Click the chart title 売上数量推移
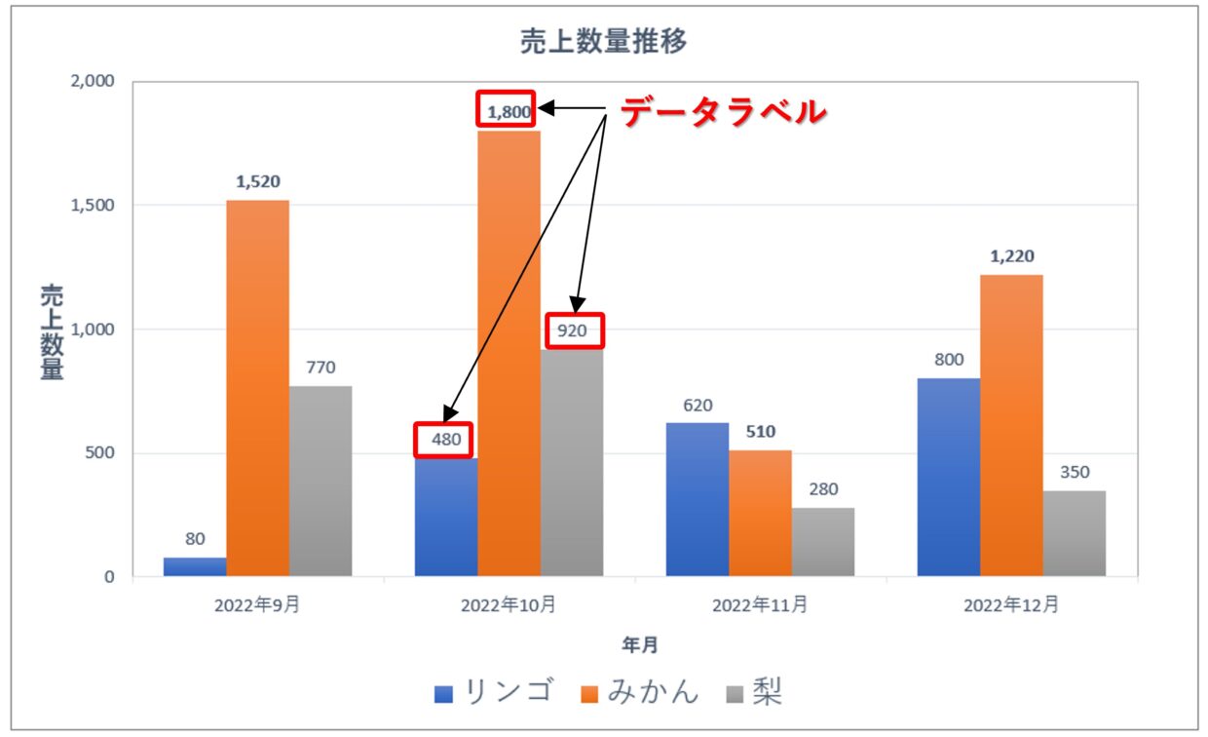(x=604, y=42)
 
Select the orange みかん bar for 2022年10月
(x=510, y=351)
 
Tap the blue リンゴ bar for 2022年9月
(x=195, y=566)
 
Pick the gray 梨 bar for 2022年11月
(x=823, y=541)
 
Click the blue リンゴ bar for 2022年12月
(x=949, y=478)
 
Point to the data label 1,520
(x=258, y=181)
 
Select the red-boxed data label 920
(x=573, y=330)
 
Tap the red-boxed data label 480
(x=444, y=440)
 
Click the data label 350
(x=1075, y=472)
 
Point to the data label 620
(x=698, y=405)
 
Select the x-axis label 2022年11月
(x=760, y=605)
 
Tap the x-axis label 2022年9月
(x=257, y=605)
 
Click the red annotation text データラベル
(x=723, y=112)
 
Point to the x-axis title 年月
(x=641, y=644)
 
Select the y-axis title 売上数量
(x=52, y=331)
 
